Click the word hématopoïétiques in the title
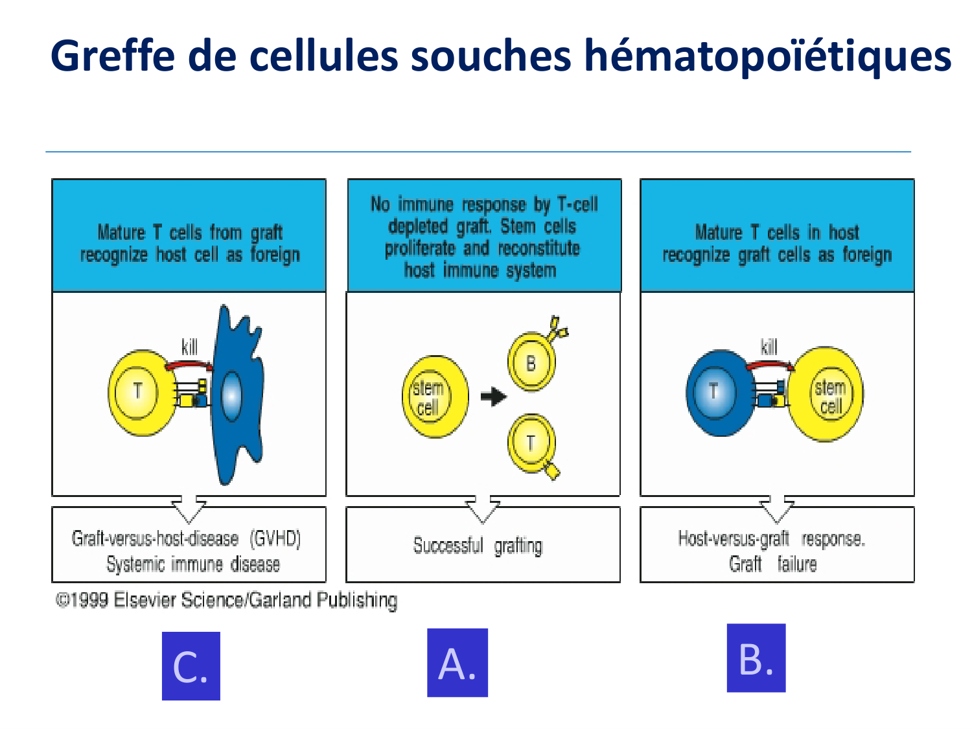coord(768,56)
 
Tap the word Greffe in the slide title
coord(113,55)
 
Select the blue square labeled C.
coord(191,665)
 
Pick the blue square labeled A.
coord(457,663)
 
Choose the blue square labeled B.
coord(756,658)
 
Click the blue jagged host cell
coord(238,394)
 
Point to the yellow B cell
coord(532,362)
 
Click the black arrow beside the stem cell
coord(493,396)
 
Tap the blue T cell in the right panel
coord(721,393)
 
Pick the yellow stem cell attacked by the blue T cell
coord(826,394)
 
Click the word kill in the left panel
coord(189,347)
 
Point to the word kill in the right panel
coord(769,347)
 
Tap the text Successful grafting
coord(478,546)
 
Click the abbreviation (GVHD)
coord(275,538)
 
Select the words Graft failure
coord(772,564)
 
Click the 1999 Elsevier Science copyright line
coord(226,601)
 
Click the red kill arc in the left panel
coord(188,364)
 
